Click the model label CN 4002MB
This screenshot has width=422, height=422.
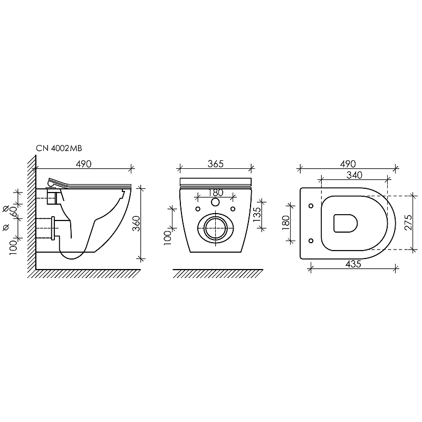[x=59, y=148]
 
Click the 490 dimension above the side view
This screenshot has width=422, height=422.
[x=83, y=164]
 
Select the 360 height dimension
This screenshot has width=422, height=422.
[x=137, y=223]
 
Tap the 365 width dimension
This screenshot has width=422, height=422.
[x=216, y=164]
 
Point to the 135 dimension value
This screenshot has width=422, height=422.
[x=257, y=214]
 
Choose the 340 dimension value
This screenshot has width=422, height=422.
[x=354, y=175]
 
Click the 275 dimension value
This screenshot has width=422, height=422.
[x=408, y=222]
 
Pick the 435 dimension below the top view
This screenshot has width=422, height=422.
[x=353, y=264]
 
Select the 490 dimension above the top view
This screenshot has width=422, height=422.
[x=348, y=164]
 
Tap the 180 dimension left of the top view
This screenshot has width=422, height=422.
[x=286, y=223]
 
